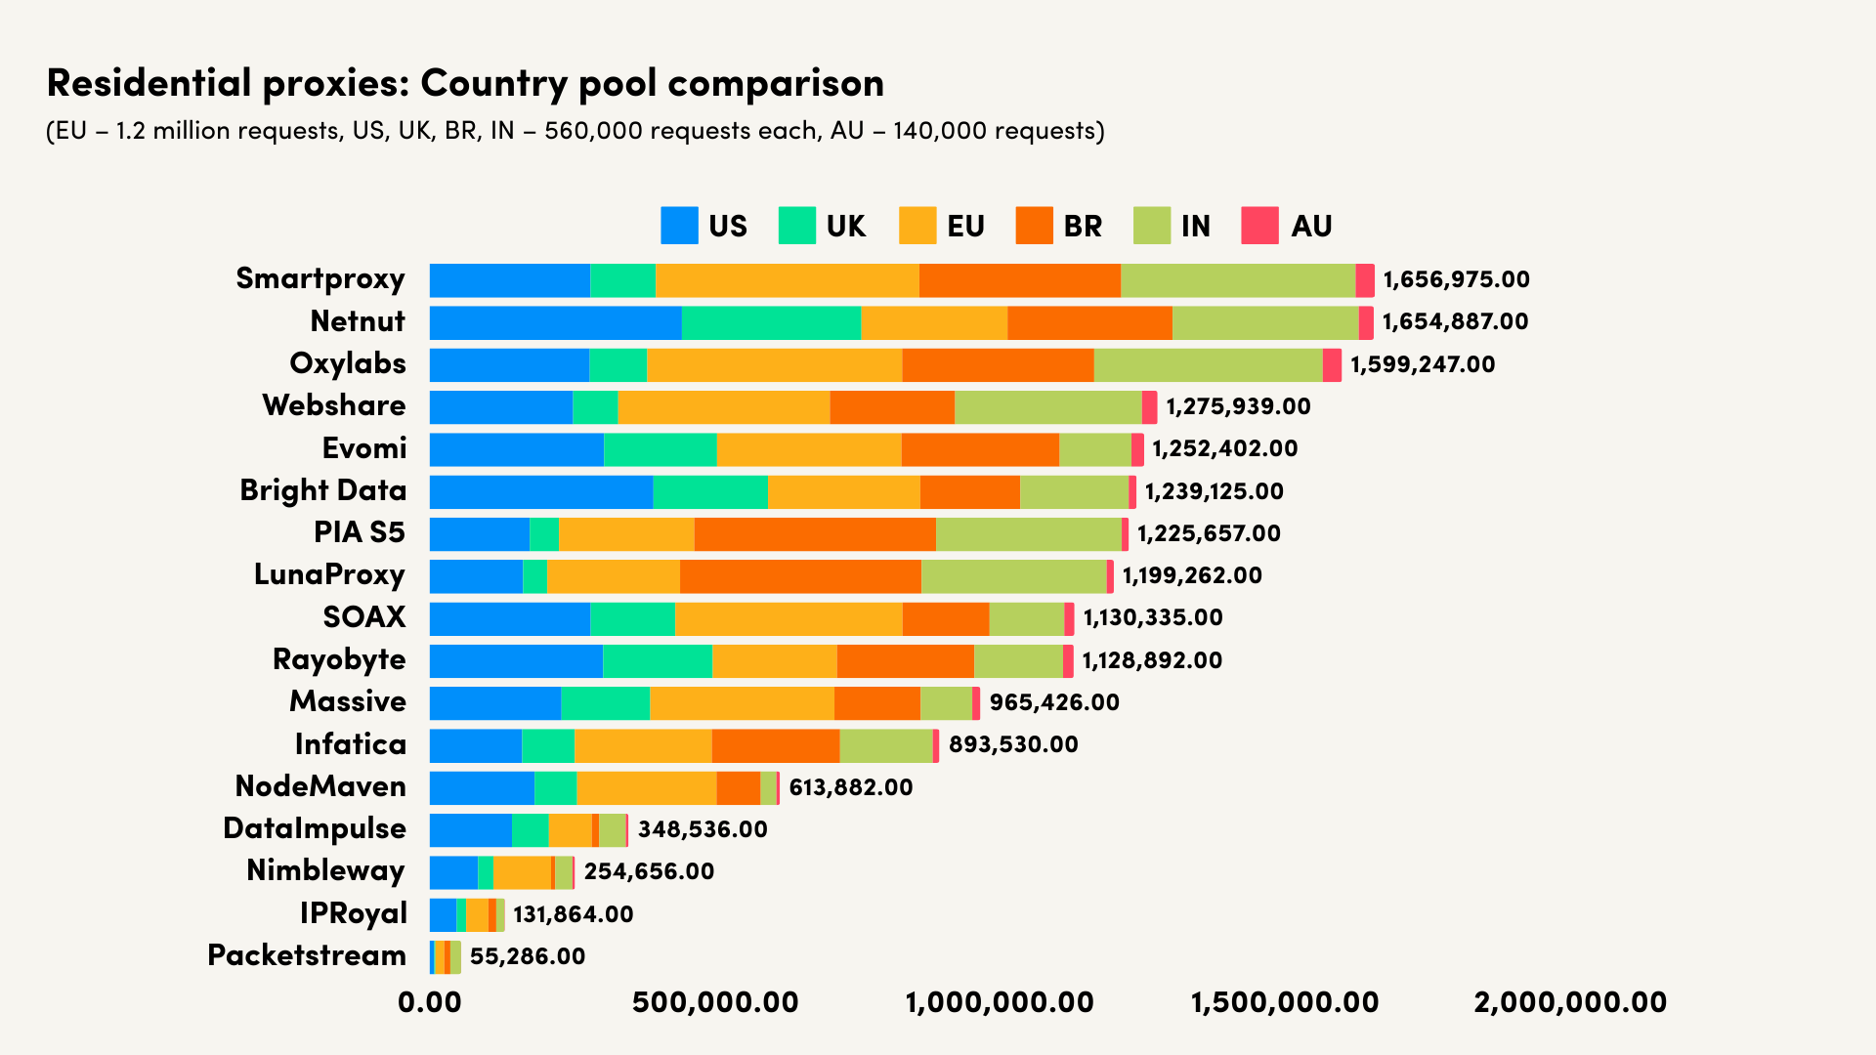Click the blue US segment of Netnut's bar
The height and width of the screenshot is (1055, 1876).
(555, 322)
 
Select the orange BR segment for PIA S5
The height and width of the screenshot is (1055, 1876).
(815, 534)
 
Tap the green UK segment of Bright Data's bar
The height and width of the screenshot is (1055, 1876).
(710, 491)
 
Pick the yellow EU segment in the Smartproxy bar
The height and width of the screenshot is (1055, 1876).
(788, 280)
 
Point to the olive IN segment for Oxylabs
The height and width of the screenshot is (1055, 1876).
(1208, 364)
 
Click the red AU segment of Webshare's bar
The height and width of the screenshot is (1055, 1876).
(1150, 406)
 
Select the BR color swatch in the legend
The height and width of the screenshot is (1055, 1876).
(1035, 226)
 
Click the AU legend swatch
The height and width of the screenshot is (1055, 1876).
(1259, 226)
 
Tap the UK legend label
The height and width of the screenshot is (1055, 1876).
(846, 227)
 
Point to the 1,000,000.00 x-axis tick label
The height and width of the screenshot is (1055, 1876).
(1000, 1002)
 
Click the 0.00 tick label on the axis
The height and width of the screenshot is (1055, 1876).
(430, 1002)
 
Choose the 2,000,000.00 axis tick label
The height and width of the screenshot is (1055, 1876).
(1570, 1002)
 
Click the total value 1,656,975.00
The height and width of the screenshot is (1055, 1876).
(1456, 279)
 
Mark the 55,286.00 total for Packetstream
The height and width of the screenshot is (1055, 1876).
(528, 956)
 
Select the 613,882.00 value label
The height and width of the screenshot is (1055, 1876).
(850, 787)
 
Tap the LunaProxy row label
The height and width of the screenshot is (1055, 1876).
(329, 574)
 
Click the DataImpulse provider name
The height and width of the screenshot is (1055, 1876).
(315, 828)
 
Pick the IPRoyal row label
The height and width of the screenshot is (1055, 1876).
(353, 913)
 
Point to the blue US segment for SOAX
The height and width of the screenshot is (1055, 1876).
(510, 618)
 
